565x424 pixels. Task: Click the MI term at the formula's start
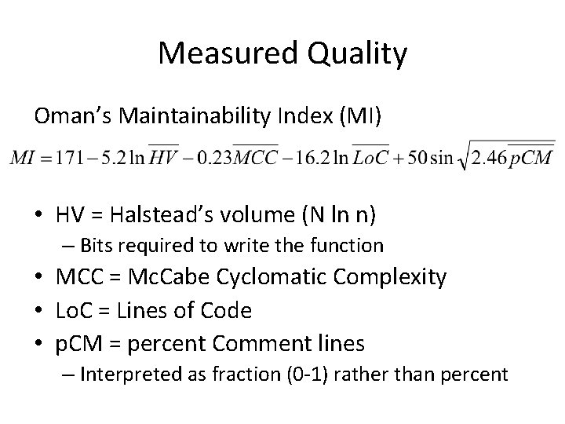pyautogui.click(x=24, y=158)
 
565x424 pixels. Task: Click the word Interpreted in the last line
pyautogui.click(x=139, y=375)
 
